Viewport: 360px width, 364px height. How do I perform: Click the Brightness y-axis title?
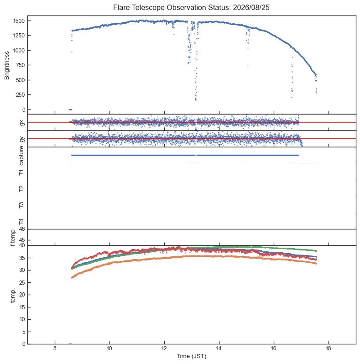(7, 66)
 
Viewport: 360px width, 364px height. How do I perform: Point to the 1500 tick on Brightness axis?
(19, 21)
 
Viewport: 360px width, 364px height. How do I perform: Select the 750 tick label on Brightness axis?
(20, 65)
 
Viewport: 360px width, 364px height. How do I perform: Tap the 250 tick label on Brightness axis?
(20, 95)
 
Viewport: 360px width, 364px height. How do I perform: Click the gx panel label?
(22, 123)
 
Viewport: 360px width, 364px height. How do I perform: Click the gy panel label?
(22, 139)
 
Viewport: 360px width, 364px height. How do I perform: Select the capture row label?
(21, 156)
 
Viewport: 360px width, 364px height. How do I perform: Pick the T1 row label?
(21, 172)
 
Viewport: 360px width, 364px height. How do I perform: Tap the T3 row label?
(21, 205)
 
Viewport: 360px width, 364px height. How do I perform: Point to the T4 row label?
(21, 222)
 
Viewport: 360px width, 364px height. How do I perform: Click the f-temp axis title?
(13, 238)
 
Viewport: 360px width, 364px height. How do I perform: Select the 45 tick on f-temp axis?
(22, 240)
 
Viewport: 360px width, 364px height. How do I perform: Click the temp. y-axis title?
(13, 296)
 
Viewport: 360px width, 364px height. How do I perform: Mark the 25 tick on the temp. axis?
(22, 282)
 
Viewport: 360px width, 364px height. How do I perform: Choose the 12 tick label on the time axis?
(164, 348)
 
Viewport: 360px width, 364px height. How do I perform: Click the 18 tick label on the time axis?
(329, 348)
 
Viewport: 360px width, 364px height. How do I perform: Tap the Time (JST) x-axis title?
(191, 356)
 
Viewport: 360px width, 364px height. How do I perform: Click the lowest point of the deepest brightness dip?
(196, 100)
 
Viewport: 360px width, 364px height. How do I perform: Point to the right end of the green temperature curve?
(316, 251)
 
